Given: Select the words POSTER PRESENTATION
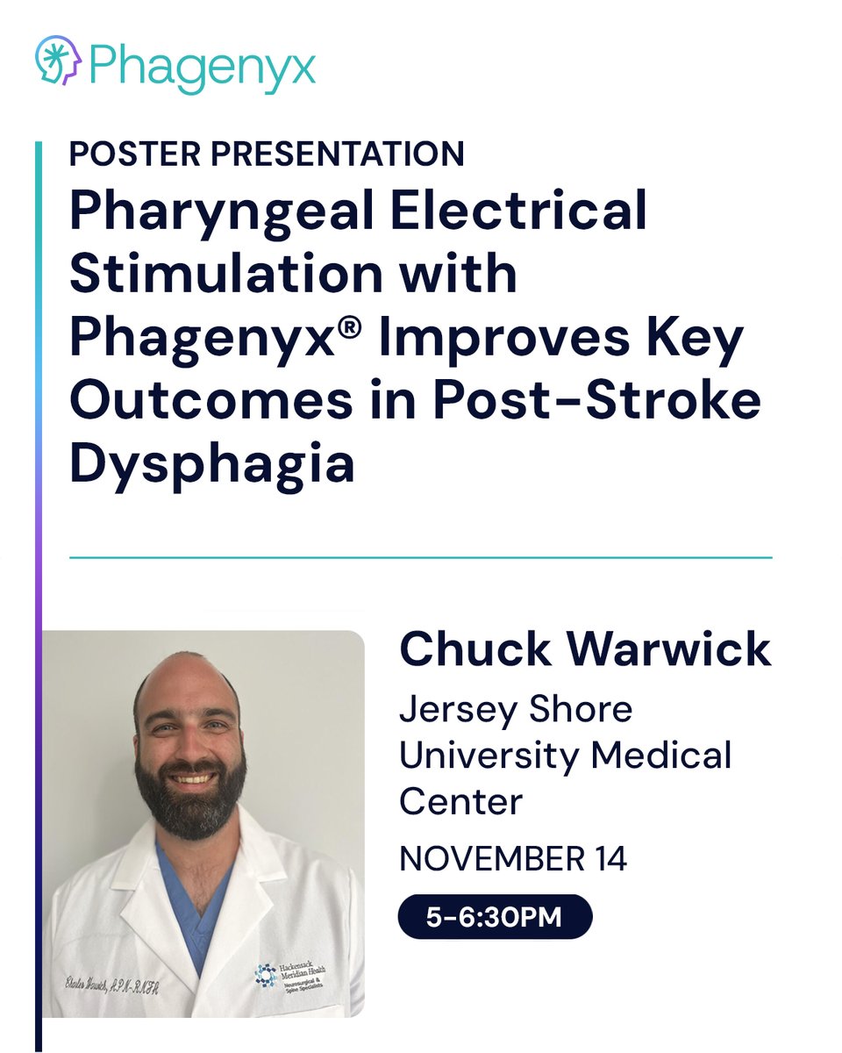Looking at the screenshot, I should pyautogui.click(x=267, y=154).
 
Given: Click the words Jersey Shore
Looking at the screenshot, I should pyautogui.click(x=516, y=710).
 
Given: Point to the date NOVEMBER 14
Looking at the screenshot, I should pyautogui.click(x=513, y=859).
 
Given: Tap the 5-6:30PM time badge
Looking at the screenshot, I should pyautogui.click(x=495, y=917).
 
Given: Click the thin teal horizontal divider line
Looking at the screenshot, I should pyautogui.click(x=421, y=557).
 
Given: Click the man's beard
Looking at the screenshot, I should pyautogui.click(x=189, y=803).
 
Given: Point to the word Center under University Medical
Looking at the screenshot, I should pyautogui.click(x=460, y=800).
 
